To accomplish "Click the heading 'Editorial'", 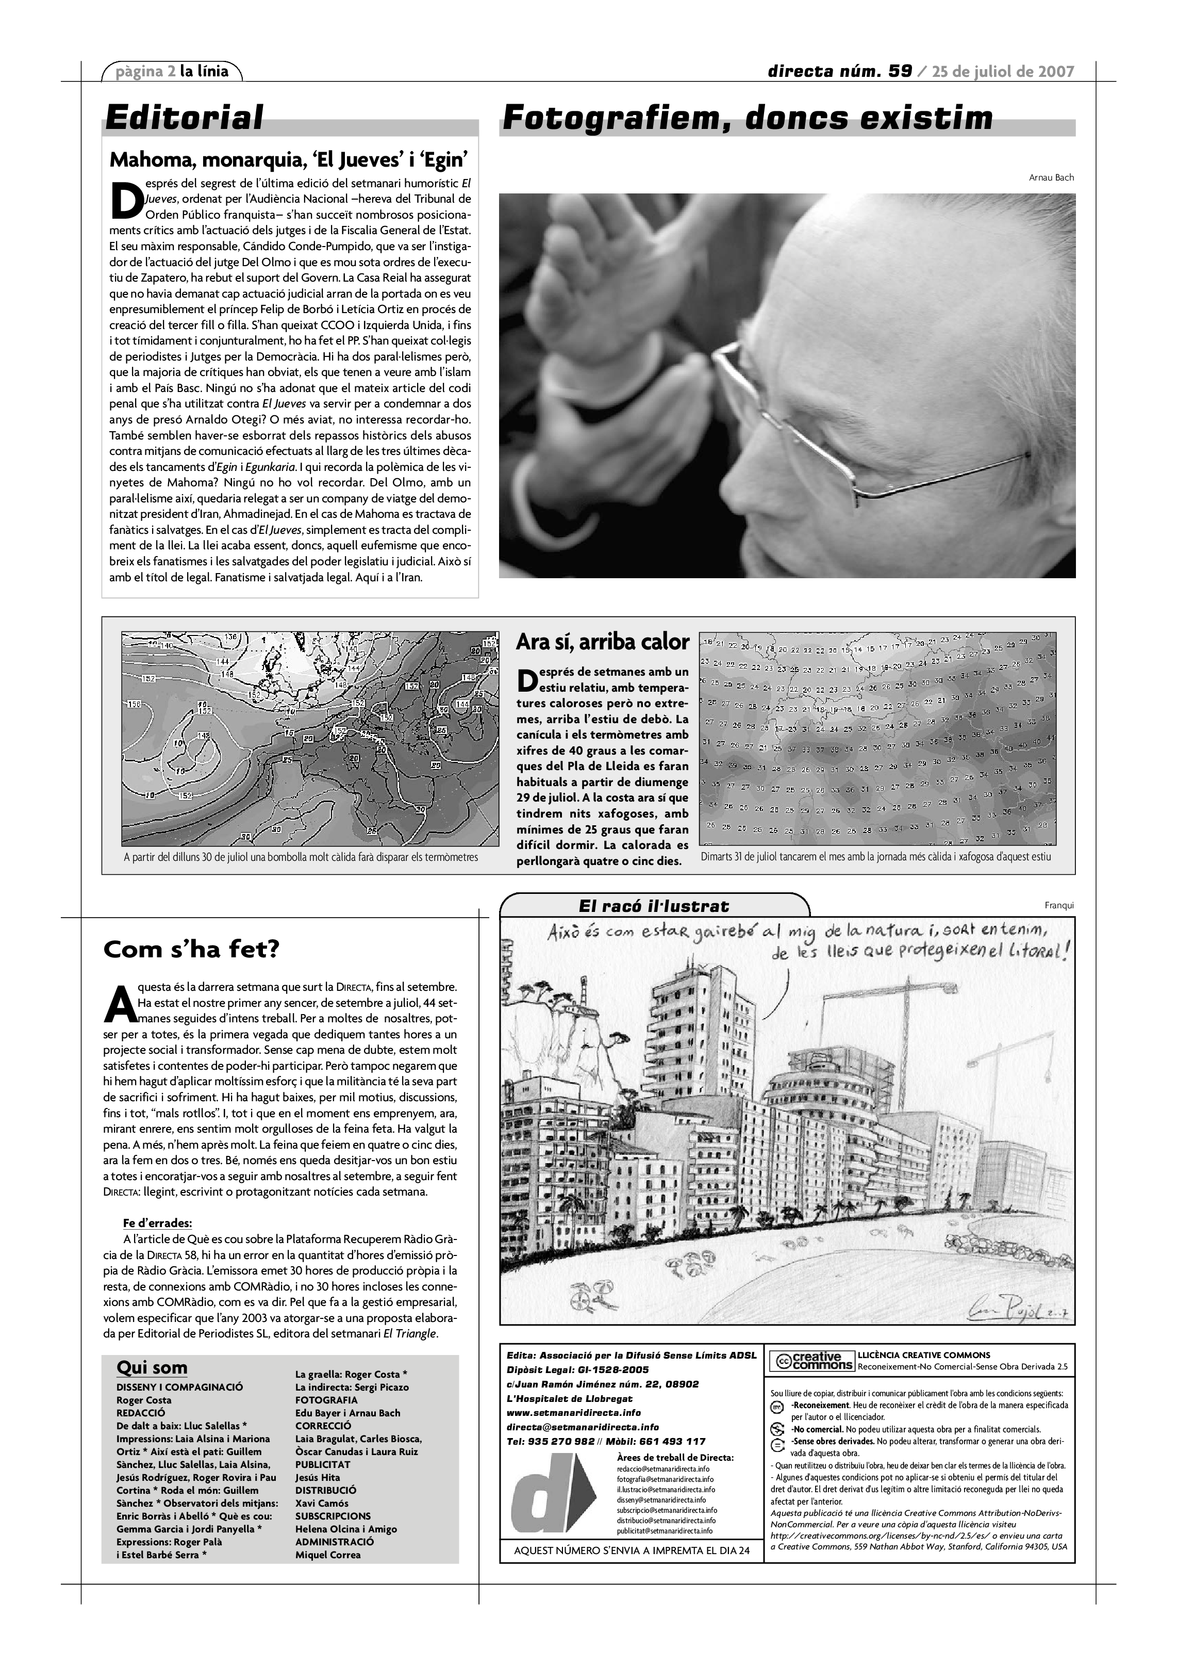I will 184,118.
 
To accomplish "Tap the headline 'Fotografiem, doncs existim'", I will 747,118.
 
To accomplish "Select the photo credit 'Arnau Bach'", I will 1051,177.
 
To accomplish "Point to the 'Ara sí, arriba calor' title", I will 602,642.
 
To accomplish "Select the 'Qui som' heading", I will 152,1368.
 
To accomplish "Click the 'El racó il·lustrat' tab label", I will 654,906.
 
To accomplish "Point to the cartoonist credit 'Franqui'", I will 1059,905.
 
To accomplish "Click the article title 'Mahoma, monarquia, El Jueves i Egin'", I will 289,159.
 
